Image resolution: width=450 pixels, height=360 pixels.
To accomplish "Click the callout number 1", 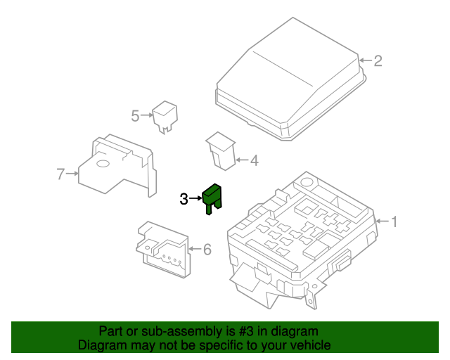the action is (x=394, y=221).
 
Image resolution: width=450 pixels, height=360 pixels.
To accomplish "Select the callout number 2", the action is (x=378, y=61).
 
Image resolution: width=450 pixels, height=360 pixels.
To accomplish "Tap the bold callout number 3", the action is (x=184, y=199).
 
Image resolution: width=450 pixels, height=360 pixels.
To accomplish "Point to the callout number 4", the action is (x=255, y=160).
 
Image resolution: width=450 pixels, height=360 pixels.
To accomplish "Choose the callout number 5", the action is (x=135, y=116).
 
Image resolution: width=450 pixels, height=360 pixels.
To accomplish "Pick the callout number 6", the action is (x=207, y=249).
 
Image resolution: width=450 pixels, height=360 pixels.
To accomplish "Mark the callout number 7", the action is (x=60, y=174).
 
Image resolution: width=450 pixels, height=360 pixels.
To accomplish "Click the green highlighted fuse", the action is (x=212, y=199).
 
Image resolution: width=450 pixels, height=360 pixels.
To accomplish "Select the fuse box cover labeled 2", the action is (x=290, y=80).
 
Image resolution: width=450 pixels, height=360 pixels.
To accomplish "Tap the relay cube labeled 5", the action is (x=165, y=116).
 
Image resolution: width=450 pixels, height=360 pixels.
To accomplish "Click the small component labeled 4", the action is (x=221, y=151).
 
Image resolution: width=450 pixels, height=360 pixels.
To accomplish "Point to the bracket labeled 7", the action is (x=117, y=166).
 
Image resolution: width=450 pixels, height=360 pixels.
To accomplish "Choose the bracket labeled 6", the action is (x=163, y=249).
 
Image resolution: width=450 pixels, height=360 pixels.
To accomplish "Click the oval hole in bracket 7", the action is (x=103, y=164).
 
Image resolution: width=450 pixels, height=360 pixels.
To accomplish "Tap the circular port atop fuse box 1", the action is (x=307, y=182).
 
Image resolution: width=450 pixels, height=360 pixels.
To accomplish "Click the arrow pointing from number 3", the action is (x=195, y=198).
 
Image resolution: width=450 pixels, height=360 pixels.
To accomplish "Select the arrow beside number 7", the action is (x=72, y=174).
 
